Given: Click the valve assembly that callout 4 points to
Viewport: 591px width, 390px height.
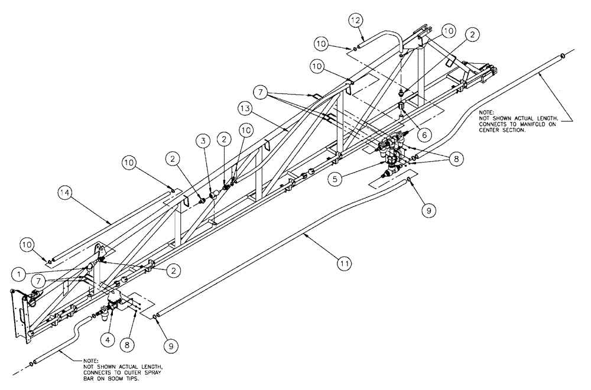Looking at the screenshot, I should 118,304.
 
